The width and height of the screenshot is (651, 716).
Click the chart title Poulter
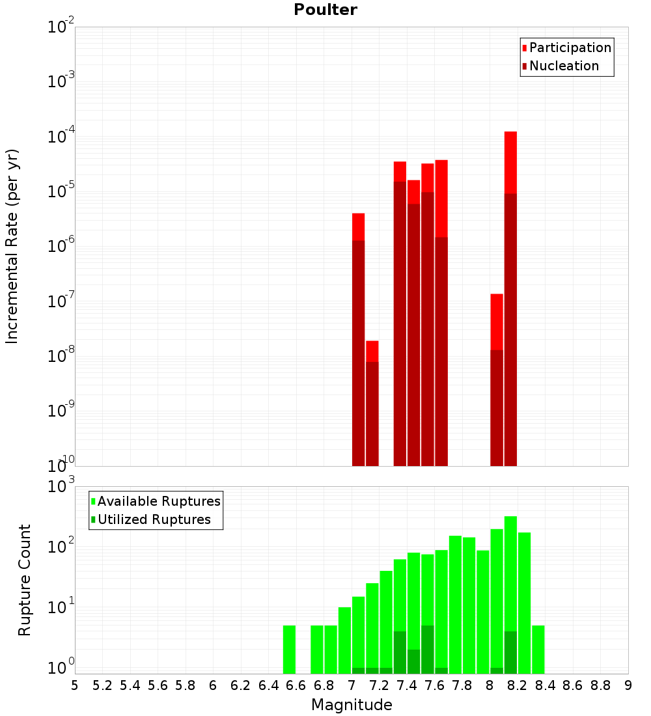click(325, 10)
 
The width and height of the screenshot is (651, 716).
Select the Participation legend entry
click(570, 48)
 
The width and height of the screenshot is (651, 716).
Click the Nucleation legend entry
click(564, 66)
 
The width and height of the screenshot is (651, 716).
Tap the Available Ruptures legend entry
click(159, 501)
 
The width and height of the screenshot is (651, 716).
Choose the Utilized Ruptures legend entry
click(154, 519)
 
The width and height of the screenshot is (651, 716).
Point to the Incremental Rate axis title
click(12, 246)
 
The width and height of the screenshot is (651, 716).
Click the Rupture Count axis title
click(25, 579)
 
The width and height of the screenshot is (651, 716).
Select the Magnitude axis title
click(352, 705)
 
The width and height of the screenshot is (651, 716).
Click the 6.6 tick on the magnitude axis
click(296, 685)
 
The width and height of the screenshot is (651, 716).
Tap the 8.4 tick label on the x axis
click(546, 685)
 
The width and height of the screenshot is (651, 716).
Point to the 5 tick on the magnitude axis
click(75, 685)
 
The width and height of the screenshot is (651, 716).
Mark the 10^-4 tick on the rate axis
click(61, 137)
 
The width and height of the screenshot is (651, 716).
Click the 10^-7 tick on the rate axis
click(61, 301)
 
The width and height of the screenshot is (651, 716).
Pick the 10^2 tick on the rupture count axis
click(61, 547)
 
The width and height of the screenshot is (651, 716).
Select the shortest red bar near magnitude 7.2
click(372, 404)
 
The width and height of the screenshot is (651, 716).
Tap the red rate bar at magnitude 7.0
click(358, 339)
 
